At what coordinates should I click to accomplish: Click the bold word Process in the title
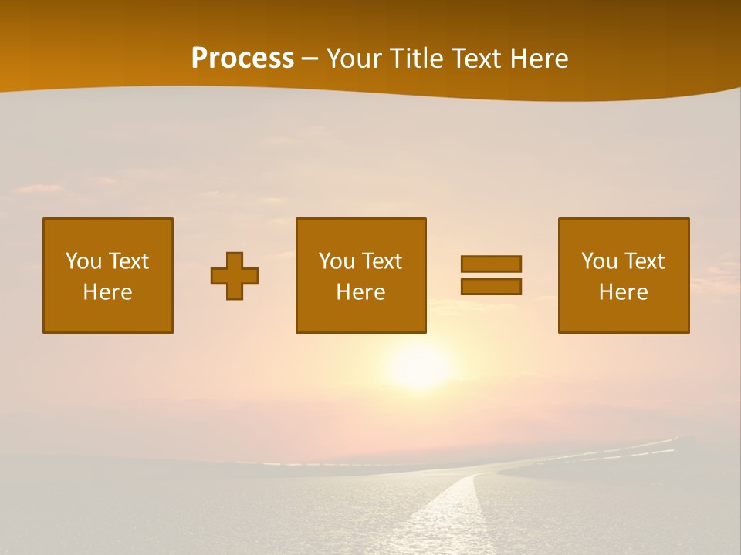point(242,59)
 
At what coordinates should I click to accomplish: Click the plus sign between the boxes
point(235,276)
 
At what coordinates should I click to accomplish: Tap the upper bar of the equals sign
point(491,264)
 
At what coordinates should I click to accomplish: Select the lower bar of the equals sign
point(491,287)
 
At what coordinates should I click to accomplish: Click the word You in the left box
point(83,261)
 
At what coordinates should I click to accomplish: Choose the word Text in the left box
point(128,261)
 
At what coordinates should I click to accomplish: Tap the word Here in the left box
point(107,292)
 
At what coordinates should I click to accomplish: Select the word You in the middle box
point(337,261)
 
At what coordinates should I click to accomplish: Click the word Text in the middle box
point(381,261)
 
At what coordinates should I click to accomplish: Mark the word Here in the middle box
point(360,292)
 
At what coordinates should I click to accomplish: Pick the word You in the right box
point(599,261)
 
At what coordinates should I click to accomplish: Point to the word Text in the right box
point(644,261)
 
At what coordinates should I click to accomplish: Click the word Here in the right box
point(623,292)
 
